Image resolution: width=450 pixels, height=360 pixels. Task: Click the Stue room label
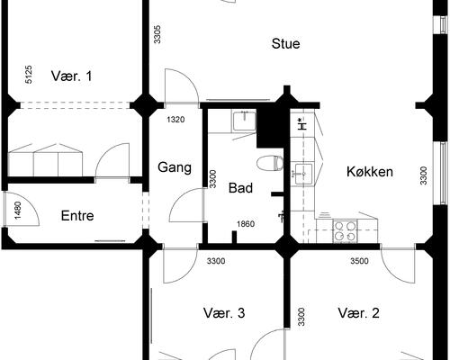click(285, 44)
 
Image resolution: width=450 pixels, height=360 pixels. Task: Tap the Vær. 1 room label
click(71, 76)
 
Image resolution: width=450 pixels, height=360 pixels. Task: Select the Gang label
click(175, 167)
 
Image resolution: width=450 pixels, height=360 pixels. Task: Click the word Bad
click(240, 188)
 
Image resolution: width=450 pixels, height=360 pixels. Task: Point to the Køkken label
click(370, 172)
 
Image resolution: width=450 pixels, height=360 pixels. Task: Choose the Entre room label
click(77, 216)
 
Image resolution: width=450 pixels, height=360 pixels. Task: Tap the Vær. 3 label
click(224, 313)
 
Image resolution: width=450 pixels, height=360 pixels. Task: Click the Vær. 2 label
click(358, 313)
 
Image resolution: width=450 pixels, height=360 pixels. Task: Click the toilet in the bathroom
click(270, 163)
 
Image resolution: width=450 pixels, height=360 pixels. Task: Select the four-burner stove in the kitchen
click(345, 231)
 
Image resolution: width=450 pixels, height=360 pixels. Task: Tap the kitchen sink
click(302, 174)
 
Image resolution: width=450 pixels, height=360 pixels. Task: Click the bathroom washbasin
click(245, 121)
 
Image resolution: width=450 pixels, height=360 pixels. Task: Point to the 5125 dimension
click(28, 75)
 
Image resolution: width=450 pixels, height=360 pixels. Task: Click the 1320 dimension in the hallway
click(175, 120)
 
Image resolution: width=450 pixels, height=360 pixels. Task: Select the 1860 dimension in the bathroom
click(246, 224)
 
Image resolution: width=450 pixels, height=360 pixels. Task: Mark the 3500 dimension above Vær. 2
click(359, 261)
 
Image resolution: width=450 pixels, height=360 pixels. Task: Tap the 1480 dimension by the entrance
click(18, 211)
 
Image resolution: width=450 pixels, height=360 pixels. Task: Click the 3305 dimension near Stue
click(157, 34)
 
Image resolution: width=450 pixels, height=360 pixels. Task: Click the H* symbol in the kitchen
click(301, 124)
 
